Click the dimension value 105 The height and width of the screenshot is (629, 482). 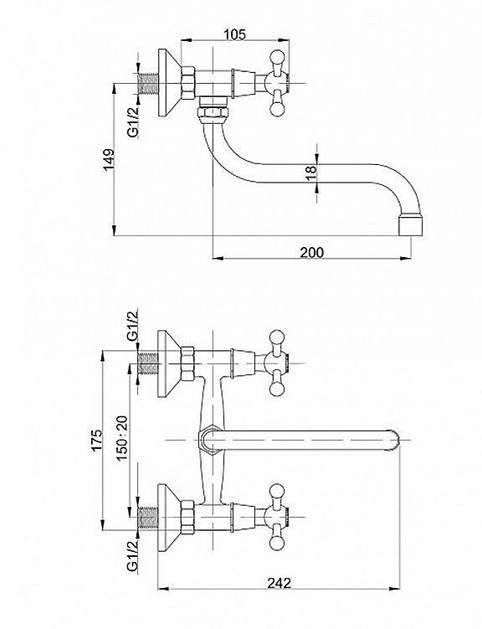[x=234, y=34]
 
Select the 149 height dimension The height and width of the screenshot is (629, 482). [x=109, y=160]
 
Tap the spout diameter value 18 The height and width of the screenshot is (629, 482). [x=311, y=173]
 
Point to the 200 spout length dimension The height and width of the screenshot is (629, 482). [x=312, y=252]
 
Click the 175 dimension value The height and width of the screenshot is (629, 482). [x=97, y=441]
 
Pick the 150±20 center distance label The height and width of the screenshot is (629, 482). [x=122, y=438]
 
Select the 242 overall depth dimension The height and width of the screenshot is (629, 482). [x=279, y=582]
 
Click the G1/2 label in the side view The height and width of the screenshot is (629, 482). [x=133, y=121]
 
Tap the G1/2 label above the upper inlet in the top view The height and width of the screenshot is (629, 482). [x=133, y=325]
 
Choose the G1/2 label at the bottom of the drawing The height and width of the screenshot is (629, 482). [x=132, y=555]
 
